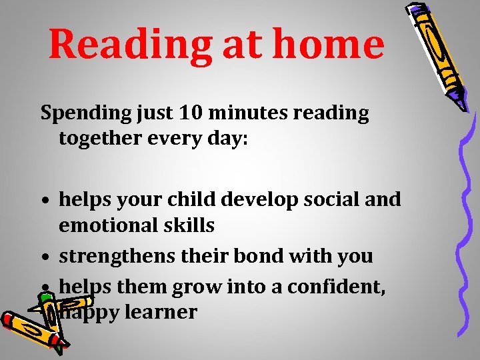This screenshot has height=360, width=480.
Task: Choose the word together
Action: point(100,141)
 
